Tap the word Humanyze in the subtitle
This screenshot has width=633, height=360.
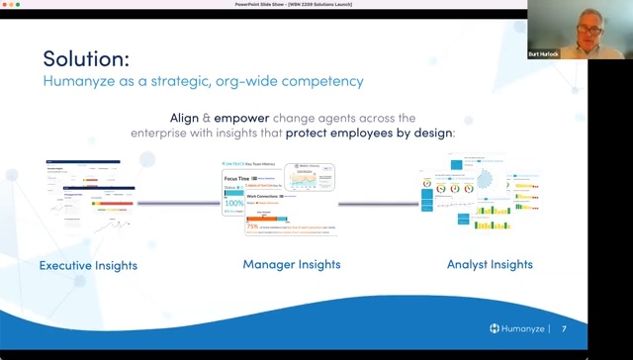pyautogui.click(x=76, y=82)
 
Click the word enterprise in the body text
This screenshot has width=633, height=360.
pyautogui.click(x=163, y=133)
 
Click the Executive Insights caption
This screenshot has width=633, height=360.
pyautogui.click(x=88, y=265)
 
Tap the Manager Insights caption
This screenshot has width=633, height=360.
pyautogui.click(x=292, y=265)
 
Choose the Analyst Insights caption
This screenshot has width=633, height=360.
pyautogui.click(x=491, y=265)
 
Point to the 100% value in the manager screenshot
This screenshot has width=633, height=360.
pyautogui.click(x=234, y=202)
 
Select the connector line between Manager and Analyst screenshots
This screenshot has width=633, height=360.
pyautogui.click(x=377, y=204)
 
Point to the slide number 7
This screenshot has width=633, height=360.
pyautogui.click(x=564, y=328)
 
